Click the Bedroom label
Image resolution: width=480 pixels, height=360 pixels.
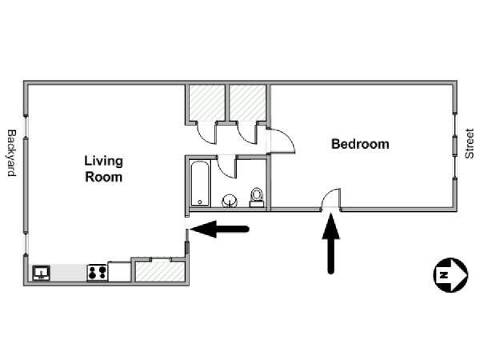point(360,144)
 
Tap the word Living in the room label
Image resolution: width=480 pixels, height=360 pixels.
point(104,162)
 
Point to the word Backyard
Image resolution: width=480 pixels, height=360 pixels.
point(11,153)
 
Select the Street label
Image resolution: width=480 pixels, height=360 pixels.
point(469,143)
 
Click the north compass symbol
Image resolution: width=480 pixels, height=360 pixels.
point(450,275)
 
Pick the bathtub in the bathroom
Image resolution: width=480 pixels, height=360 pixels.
point(200,183)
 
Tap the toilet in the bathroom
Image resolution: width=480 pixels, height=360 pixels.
point(257,198)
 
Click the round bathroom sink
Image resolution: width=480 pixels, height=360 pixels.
point(230,201)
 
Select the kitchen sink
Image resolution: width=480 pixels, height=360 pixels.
point(42,273)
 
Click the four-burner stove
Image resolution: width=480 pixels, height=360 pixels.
point(98,273)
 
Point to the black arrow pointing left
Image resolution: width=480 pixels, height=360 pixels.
point(219,229)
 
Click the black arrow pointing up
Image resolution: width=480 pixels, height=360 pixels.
point(331,244)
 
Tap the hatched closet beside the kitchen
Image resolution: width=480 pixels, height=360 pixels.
point(160,271)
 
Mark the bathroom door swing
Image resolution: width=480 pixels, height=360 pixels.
point(227,166)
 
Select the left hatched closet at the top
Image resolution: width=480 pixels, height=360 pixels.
point(207,103)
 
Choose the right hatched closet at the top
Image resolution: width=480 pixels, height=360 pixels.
point(247,103)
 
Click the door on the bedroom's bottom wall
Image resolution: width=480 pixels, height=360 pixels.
point(330,199)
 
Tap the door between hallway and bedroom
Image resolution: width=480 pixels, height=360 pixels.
point(282,141)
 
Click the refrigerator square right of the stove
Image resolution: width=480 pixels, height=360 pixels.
point(119,271)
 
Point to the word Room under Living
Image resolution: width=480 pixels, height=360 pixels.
point(104,178)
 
